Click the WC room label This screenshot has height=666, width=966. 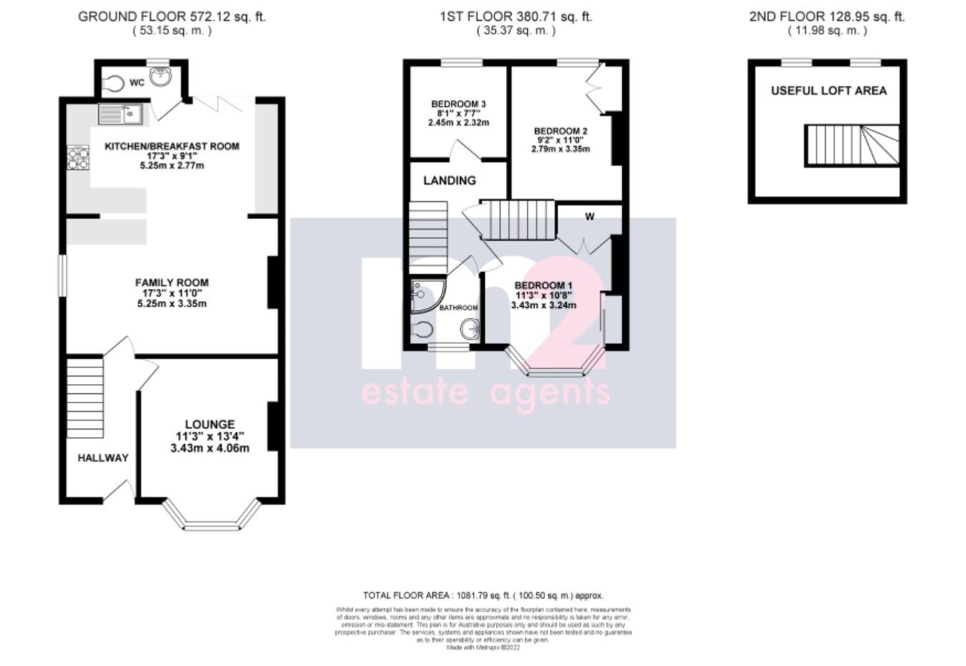(137, 83)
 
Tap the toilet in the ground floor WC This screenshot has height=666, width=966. (109, 83)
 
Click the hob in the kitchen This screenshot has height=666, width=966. (77, 158)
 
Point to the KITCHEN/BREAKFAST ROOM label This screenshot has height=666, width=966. (172, 146)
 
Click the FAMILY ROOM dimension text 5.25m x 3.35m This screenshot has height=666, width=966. (172, 304)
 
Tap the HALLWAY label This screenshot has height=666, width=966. (103, 458)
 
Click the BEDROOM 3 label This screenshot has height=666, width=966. (458, 105)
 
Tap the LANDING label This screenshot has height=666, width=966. (449, 180)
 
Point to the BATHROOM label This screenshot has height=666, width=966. (458, 308)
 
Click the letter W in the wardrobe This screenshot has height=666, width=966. (590, 217)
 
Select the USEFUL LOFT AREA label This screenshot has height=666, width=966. (829, 91)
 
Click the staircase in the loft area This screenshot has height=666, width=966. (852, 145)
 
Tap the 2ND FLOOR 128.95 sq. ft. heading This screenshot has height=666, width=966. (826, 16)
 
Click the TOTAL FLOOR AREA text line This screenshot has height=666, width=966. (483, 595)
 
